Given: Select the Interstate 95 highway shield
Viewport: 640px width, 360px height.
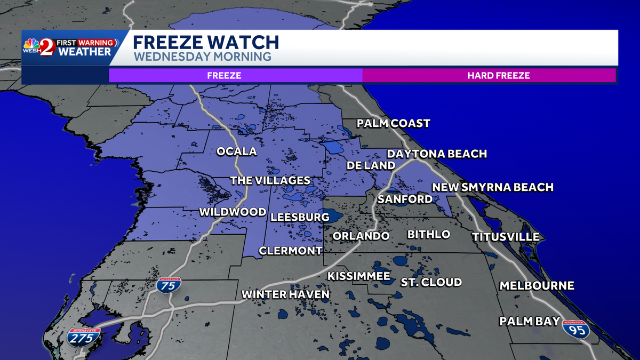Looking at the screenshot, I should [576, 329].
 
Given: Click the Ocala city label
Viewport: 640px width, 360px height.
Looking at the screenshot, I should [236, 151].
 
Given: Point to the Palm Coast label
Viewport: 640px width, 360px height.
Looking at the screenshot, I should [394, 124].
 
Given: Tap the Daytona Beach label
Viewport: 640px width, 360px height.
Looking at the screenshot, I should [437, 154].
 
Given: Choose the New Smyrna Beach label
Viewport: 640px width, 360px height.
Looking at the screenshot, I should [492, 187].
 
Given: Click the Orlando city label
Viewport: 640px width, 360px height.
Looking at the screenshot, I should [361, 236].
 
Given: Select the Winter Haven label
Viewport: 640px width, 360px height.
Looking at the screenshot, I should [285, 294].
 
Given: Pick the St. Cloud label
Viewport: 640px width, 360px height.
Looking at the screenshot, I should [431, 282].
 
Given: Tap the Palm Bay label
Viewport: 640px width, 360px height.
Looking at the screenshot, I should [530, 321].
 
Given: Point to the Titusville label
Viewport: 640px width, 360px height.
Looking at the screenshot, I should [506, 237].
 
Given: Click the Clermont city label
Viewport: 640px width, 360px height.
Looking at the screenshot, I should [291, 251].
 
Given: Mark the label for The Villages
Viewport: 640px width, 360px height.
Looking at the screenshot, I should [270, 181].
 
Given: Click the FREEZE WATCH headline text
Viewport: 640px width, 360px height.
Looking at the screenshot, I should [206, 42].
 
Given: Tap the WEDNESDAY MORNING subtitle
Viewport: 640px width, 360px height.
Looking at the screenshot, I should [202, 57].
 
